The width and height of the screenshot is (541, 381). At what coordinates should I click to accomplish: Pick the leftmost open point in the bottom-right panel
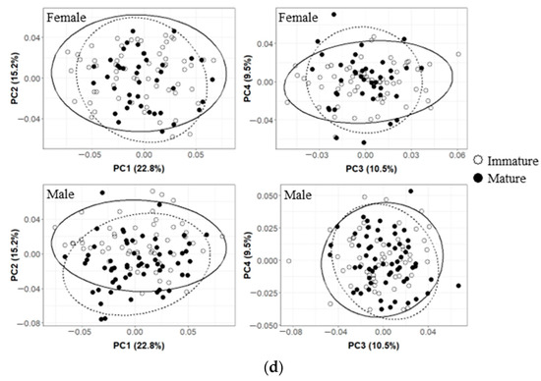coord(288,261)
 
